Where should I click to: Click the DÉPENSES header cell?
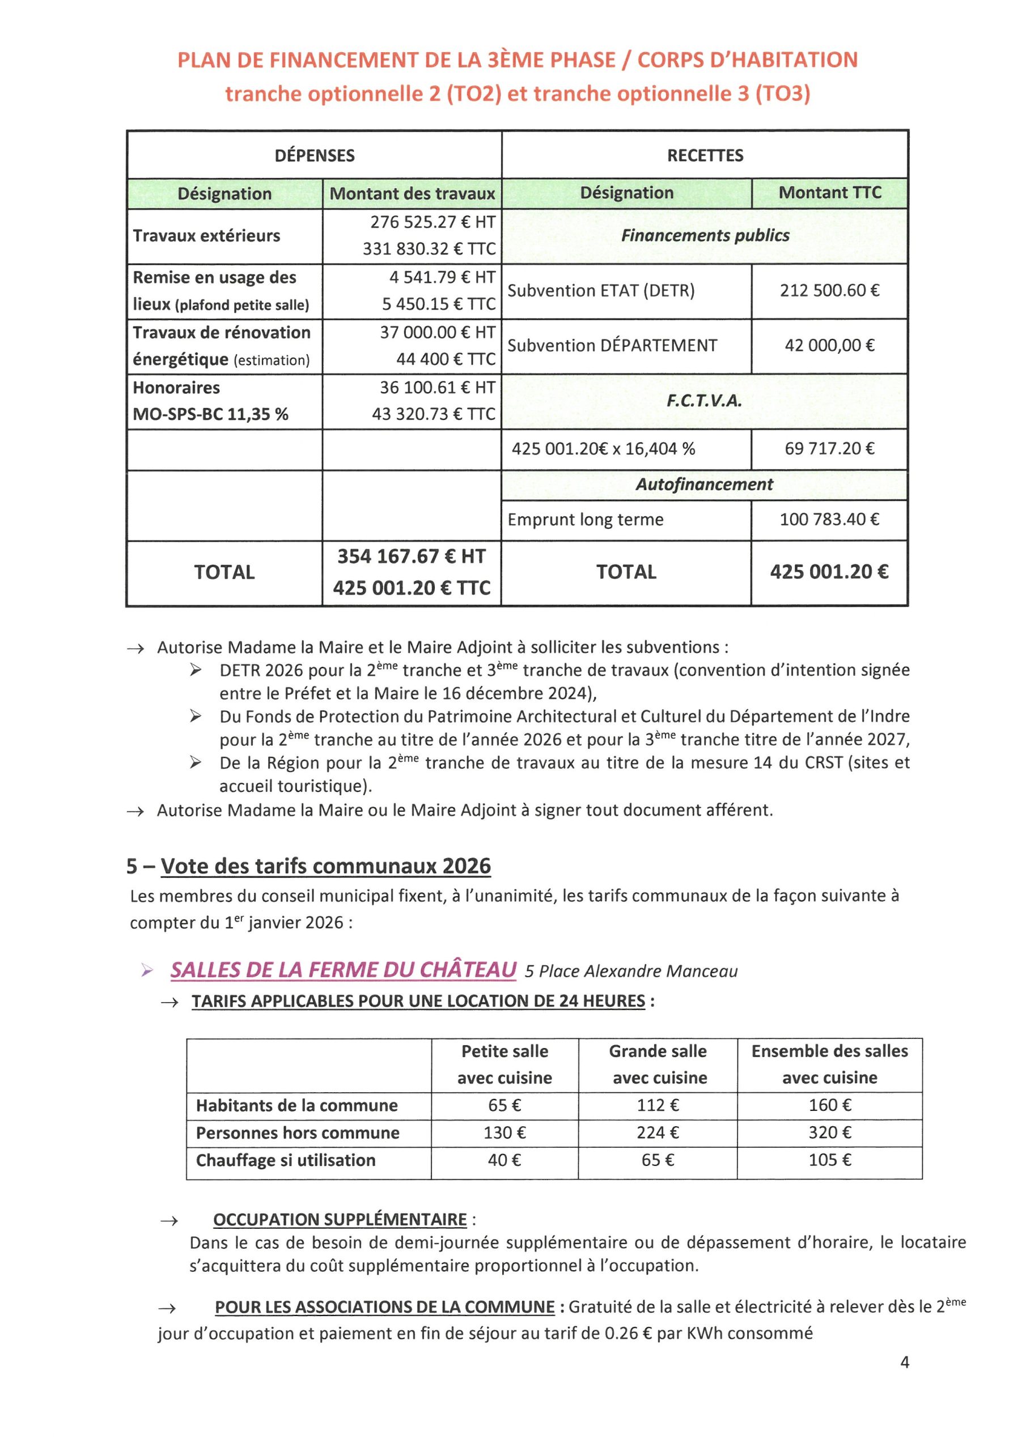click(314, 155)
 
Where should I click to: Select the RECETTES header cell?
click(705, 155)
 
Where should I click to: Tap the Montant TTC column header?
click(829, 193)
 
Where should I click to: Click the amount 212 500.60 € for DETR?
click(829, 291)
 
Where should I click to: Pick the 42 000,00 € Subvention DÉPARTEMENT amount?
click(829, 346)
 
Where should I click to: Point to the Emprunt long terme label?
click(586, 520)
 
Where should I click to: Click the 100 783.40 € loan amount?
click(829, 520)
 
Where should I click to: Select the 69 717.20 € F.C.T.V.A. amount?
click(829, 449)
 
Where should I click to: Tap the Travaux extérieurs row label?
click(206, 236)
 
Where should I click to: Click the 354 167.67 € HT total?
click(412, 556)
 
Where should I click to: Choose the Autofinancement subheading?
click(704, 484)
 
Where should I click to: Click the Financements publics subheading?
click(705, 236)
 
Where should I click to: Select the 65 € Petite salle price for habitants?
click(504, 1105)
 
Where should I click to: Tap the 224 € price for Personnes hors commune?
click(658, 1132)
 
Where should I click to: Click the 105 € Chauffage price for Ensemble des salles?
click(829, 1160)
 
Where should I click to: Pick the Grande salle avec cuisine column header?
click(658, 1064)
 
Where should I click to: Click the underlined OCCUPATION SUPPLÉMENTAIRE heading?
click(340, 1220)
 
